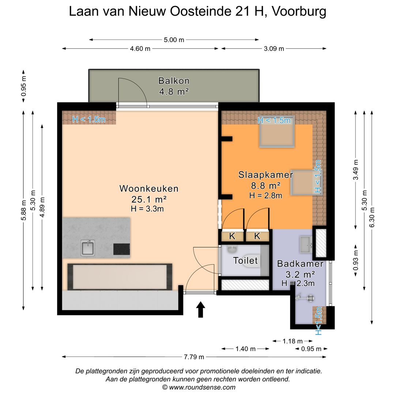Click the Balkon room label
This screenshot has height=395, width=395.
tap(174, 81)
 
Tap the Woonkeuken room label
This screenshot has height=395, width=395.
tap(149, 189)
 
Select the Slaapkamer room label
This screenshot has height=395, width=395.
tap(266, 175)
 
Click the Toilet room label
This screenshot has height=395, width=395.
tap(245, 260)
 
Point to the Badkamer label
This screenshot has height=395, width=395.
tap(300, 264)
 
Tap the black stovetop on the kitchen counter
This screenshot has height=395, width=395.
tap(121, 249)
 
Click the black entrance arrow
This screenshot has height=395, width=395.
tap(200, 310)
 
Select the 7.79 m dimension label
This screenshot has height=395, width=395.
tap(194, 357)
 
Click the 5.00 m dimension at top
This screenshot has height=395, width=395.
tap(174, 40)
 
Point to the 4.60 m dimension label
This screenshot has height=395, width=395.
tap(140, 49)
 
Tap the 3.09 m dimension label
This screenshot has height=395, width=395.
tap(274, 49)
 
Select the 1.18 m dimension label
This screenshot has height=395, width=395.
tap(293, 341)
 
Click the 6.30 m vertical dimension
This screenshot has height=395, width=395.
tap(372, 217)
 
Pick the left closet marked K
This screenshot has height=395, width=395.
tap(232, 236)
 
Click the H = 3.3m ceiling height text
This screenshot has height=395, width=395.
tap(147, 209)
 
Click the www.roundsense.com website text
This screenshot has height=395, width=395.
tap(202, 387)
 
